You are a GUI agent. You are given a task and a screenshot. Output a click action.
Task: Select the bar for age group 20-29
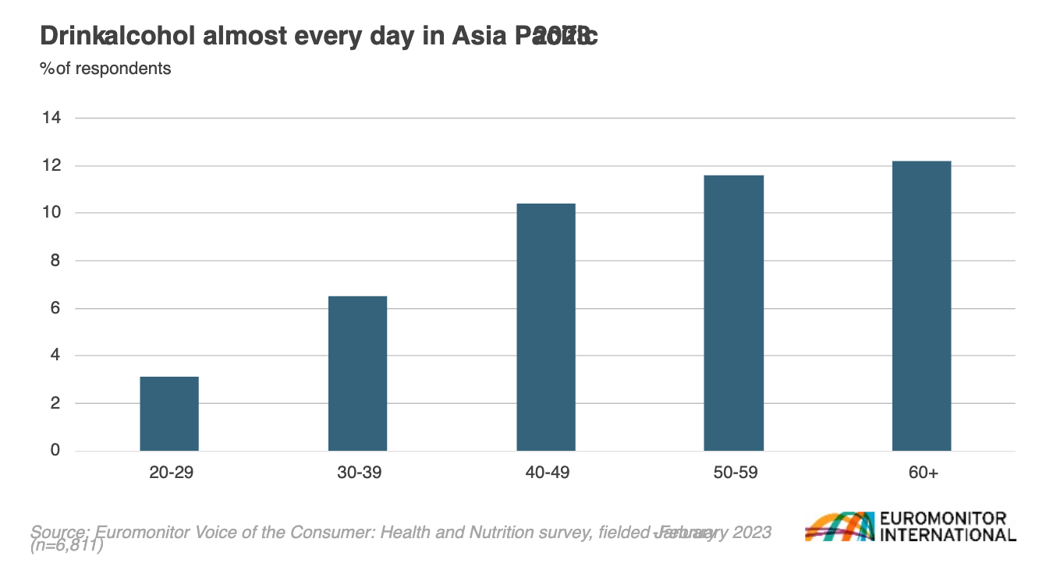(169, 413)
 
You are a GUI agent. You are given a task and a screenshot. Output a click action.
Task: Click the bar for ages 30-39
(357, 373)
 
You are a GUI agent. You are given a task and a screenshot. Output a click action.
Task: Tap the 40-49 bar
(546, 327)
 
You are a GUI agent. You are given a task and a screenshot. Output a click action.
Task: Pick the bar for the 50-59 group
(734, 313)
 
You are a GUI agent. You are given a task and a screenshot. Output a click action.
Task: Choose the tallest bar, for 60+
(922, 306)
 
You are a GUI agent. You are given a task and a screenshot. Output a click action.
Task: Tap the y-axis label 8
(55, 260)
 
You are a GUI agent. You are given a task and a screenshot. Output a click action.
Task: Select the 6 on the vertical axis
(55, 309)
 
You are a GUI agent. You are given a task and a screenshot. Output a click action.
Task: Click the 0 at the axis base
(55, 451)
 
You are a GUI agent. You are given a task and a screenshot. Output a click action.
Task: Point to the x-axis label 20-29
(169, 473)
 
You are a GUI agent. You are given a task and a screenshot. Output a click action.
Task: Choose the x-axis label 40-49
(546, 473)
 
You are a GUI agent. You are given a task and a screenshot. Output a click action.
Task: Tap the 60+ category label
(922, 473)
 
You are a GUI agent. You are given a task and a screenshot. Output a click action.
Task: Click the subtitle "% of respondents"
(105, 69)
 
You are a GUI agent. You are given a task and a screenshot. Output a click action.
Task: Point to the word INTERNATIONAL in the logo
(947, 535)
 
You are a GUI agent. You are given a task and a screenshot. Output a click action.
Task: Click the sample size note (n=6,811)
(67, 546)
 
